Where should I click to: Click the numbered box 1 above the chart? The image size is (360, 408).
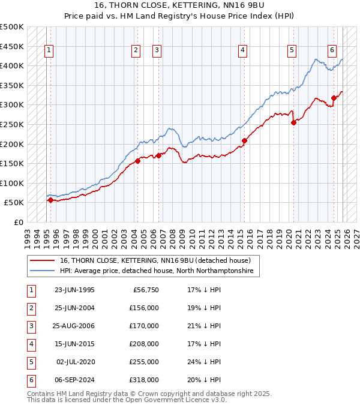pos(48,50)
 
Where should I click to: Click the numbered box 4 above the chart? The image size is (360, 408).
pos(242,50)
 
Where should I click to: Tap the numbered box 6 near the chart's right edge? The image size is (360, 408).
pos(332,50)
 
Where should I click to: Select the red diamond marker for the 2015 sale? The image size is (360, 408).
pos(244,141)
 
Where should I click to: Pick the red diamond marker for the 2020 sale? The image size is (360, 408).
pos(294,122)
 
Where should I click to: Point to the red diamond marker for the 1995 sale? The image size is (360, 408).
pos(50,200)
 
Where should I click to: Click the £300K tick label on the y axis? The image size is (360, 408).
pos(12,105)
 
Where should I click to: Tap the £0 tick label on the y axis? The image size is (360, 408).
pos(18,222)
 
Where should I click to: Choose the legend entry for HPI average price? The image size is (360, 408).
pos(156,271)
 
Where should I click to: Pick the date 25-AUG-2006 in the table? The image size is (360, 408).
pos(74,326)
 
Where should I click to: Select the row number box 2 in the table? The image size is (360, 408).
pos(30,308)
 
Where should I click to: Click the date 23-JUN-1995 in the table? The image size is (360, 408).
pos(74,290)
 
